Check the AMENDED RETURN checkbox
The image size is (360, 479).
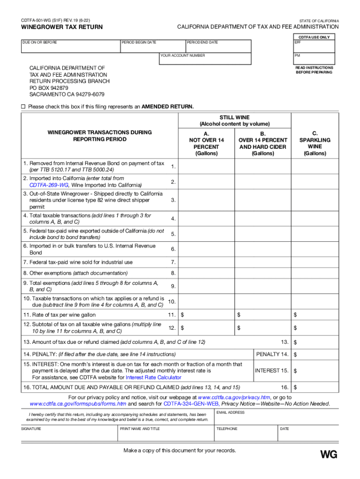click(x=23, y=107)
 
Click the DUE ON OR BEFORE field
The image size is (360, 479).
click(x=71, y=46)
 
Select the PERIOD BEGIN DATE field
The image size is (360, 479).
click(x=152, y=46)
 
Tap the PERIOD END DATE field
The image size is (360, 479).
click(x=218, y=46)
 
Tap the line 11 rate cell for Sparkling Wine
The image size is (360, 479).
click(x=315, y=315)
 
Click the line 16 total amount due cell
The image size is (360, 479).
click(x=315, y=387)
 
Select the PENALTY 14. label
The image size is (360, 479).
click(x=272, y=354)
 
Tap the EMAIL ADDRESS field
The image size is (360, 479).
click(x=275, y=417)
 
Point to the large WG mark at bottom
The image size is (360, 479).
click(x=328, y=454)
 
